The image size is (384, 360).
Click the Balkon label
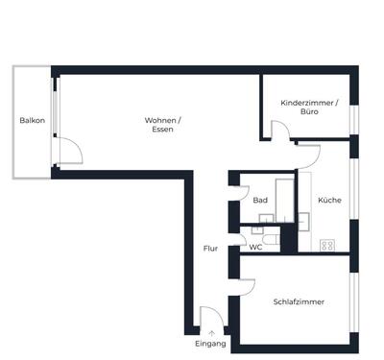[x=32, y=120]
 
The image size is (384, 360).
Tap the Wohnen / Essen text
[x=162, y=124]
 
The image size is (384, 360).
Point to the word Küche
[x=329, y=200]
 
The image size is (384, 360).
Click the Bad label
[x=260, y=201]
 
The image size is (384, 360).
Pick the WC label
[x=256, y=247]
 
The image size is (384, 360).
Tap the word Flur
[x=210, y=248]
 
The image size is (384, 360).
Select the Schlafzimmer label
[x=299, y=301]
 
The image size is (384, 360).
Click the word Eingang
[x=210, y=343]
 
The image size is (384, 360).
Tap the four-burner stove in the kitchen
[x=327, y=245]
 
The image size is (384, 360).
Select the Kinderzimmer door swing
[x=282, y=132]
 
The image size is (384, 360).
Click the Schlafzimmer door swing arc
[x=245, y=284]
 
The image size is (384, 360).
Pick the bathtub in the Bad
[x=285, y=199]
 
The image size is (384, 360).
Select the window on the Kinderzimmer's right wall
[x=353, y=116]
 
